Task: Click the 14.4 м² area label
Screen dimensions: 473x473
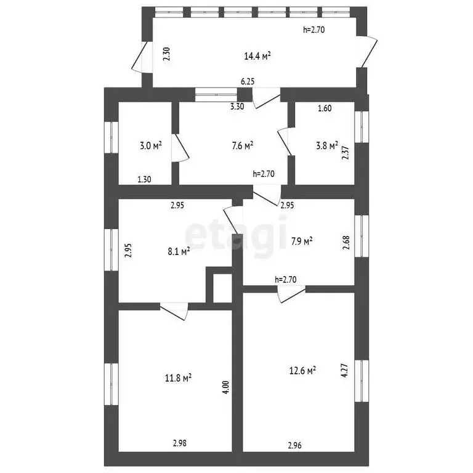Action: (258, 56)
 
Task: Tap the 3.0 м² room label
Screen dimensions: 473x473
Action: (151, 146)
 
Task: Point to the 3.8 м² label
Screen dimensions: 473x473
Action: (326, 146)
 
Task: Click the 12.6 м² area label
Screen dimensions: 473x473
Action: (302, 370)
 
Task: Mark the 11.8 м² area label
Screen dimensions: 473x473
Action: (178, 377)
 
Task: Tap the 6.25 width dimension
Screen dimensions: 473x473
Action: (248, 81)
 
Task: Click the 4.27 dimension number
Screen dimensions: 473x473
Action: (346, 375)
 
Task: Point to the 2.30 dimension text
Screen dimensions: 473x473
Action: (166, 54)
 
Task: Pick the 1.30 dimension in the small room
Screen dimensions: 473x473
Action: (145, 180)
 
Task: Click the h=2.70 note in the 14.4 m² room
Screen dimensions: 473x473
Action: (317, 28)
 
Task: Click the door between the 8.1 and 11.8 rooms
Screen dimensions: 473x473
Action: (174, 310)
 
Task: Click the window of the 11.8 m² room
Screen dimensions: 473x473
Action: (111, 384)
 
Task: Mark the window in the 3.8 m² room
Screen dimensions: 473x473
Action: (364, 127)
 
